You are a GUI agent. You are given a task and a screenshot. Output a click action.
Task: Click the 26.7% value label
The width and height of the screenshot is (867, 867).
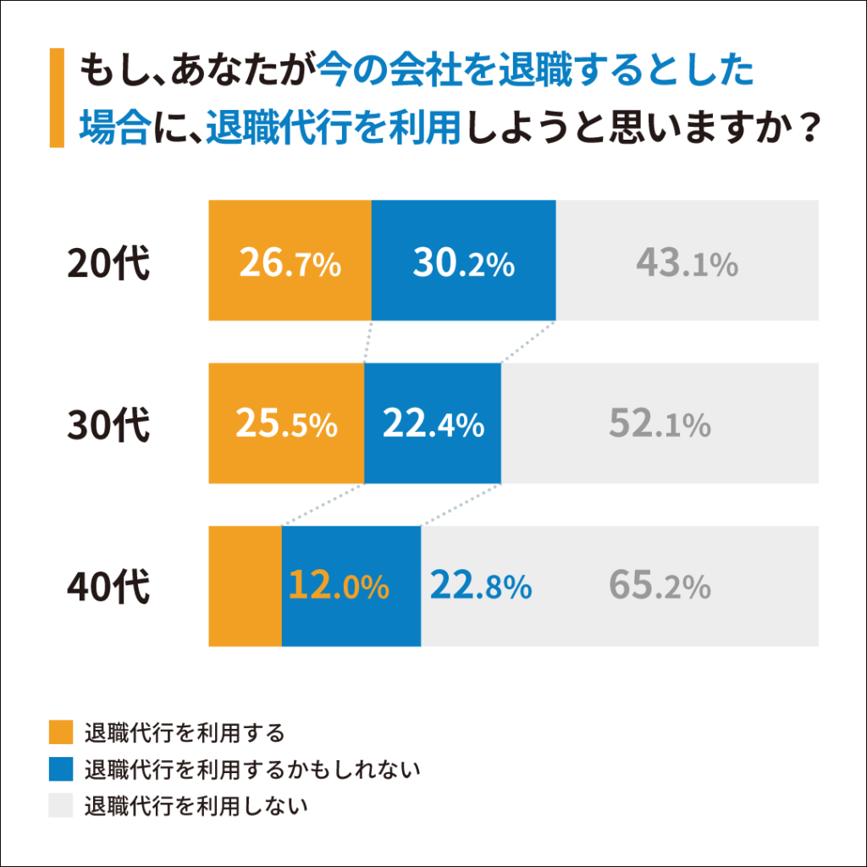(x=290, y=265)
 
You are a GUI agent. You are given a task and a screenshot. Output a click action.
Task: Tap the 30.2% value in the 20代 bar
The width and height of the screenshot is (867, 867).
(x=463, y=265)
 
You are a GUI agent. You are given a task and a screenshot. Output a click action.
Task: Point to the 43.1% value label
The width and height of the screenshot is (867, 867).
(x=687, y=265)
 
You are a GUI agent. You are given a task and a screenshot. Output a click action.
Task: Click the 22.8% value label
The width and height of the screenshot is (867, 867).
(x=480, y=586)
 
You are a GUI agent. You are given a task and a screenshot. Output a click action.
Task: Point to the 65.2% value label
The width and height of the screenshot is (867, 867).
(x=659, y=586)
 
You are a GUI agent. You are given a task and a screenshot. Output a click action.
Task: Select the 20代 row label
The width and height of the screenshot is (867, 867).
(x=108, y=264)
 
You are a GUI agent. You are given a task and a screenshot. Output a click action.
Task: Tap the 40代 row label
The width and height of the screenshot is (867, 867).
(x=108, y=586)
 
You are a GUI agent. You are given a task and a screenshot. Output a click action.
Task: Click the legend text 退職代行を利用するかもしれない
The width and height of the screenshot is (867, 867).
(x=252, y=770)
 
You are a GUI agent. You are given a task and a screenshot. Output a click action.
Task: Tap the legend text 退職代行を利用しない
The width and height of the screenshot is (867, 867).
(x=196, y=806)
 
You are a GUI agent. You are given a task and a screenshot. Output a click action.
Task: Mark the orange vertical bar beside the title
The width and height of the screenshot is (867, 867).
(x=57, y=98)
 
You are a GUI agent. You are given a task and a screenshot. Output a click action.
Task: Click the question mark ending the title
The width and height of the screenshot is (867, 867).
(x=810, y=129)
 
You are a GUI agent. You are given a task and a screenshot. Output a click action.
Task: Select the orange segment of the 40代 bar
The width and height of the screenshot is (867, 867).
(x=245, y=586)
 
